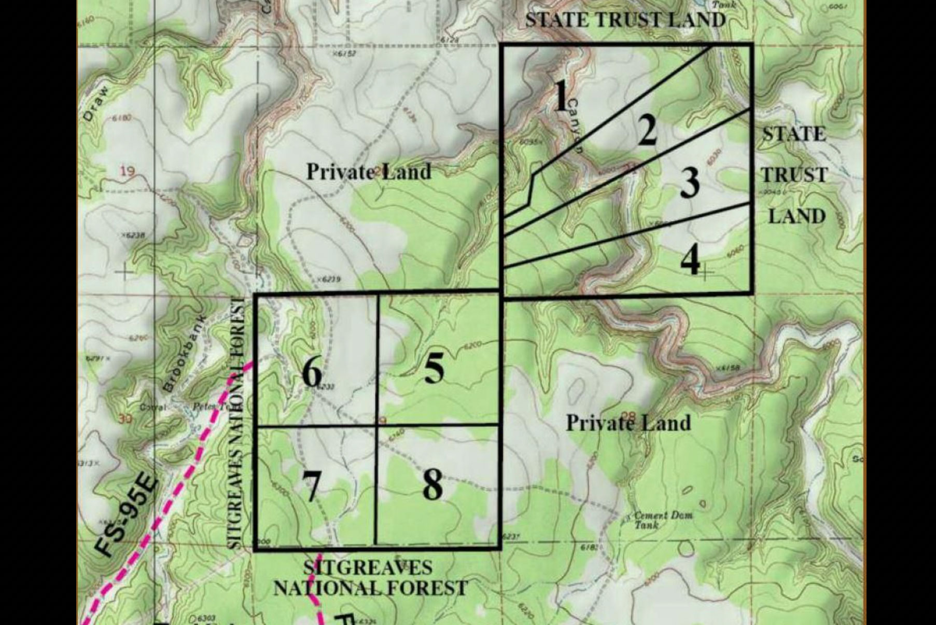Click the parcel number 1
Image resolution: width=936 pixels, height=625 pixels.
(x=561, y=96)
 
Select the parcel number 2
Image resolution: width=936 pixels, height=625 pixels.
(x=648, y=130)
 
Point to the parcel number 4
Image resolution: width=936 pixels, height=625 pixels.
(x=690, y=260)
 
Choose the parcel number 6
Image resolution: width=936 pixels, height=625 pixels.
(x=311, y=372)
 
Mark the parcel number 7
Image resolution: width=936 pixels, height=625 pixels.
(x=311, y=486)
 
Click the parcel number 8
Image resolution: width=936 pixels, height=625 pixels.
(x=432, y=485)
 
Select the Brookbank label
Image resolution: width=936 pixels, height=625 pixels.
(x=184, y=353)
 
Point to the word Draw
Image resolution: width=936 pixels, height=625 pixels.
(x=96, y=103)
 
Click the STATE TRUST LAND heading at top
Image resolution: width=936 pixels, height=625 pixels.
(x=625, y=20)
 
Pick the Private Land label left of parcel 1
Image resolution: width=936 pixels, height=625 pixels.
(x=368, y=172)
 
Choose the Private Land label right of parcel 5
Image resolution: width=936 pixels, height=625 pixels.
(x=628, y=423)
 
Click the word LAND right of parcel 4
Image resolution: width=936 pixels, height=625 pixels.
(x=797, y=216)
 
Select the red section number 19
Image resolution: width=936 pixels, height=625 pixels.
(x=128, y=170)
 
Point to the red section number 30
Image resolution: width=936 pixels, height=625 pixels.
(x=125, y=419)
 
